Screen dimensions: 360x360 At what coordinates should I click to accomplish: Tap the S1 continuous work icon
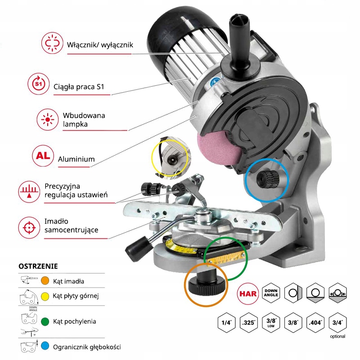click(x=39, y=84)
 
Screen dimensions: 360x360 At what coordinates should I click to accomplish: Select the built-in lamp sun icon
click(x=47, y=118)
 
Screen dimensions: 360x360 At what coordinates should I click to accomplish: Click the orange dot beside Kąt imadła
click(x=45, y=281)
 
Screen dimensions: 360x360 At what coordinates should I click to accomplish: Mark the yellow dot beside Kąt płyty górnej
click(x=45, y=296)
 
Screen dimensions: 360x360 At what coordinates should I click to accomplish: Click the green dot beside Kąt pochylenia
click(x=45, y=321)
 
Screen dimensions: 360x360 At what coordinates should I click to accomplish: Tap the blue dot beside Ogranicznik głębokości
click(x=45, y=347)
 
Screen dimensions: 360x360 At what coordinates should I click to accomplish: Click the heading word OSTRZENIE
click(x=38, y=266)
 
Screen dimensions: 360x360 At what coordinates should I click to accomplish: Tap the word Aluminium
click(x=76, y=159)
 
